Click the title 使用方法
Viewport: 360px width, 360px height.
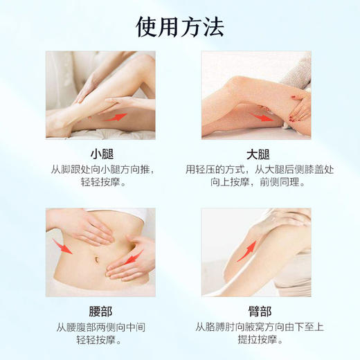tap(180, 27)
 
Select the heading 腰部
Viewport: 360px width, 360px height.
tap(101, 310)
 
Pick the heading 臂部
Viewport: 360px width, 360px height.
tap(257, 310)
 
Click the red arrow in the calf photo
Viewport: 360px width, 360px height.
tap(116, 116)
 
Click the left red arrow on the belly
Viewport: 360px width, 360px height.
tap(62, 245)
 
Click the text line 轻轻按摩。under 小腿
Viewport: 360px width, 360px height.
tap(101, 185)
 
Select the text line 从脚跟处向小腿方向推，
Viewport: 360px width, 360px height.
tap(101, 170)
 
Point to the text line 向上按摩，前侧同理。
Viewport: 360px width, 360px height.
tap(257, 185)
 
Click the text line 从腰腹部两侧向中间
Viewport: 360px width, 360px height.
tap(101, 326)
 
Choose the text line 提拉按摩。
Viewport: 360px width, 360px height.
tap(257, 341)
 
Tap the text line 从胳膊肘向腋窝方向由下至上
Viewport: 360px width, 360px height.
tap(257, 326)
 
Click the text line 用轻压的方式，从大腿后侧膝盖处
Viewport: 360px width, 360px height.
tap(257, 170)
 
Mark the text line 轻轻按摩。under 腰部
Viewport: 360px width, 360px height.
tap(101, 341)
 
